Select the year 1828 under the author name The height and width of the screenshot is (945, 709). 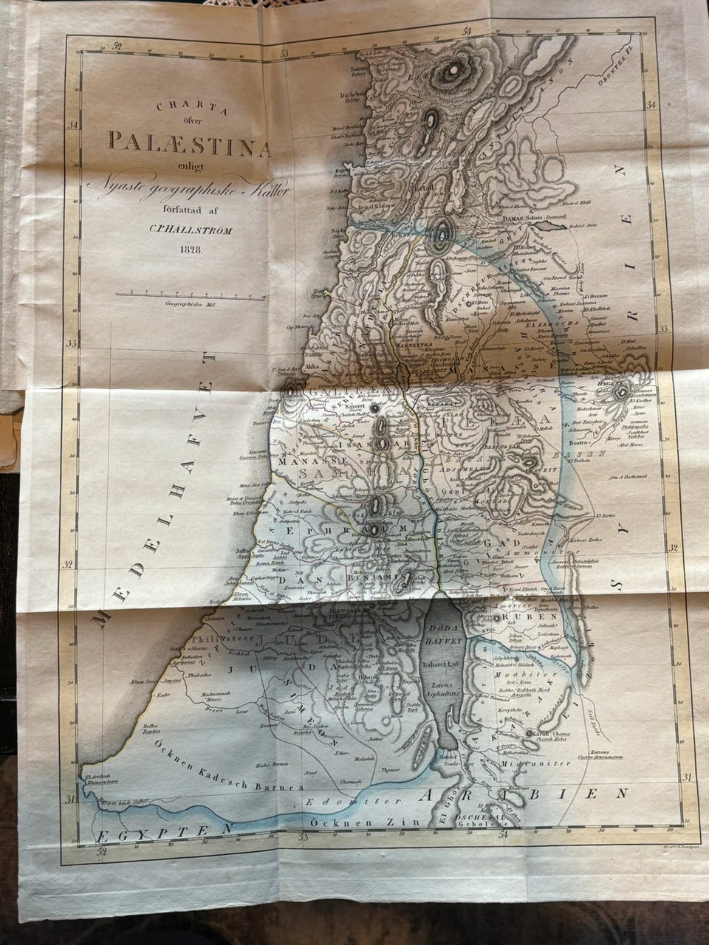point(190,250)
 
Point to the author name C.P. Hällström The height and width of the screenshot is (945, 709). point(191,230)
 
